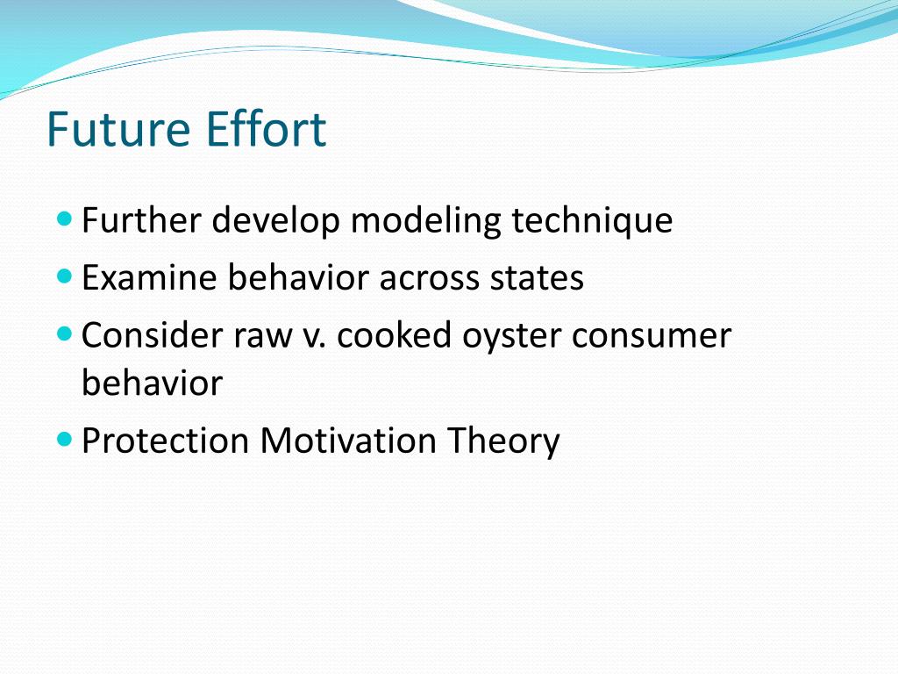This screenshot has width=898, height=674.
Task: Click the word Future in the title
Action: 119,129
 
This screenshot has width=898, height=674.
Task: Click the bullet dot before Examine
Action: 65,276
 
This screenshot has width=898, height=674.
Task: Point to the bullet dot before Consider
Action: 65,334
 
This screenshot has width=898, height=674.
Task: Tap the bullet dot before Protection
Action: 65,437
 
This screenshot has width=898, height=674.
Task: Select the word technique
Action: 592,221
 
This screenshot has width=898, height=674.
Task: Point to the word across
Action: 424,278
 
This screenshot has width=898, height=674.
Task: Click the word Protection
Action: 165,440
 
